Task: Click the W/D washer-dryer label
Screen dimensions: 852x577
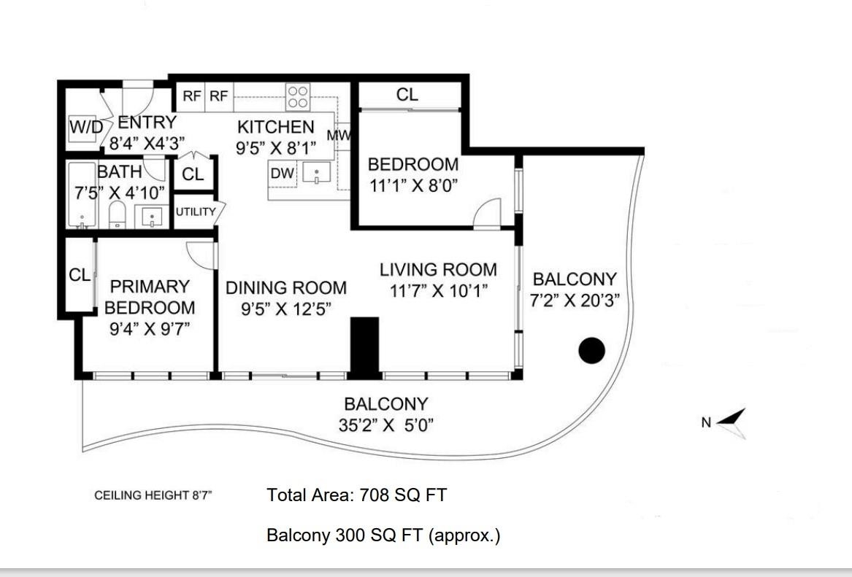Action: coord(86,128)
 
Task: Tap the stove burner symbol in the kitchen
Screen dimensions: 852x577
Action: coord(298,98)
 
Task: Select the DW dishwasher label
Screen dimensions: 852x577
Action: coord(283,173)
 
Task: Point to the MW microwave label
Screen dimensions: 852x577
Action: coord(339,135)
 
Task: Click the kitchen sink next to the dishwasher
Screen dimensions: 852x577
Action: coord(316,173)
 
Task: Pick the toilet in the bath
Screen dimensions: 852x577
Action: coord(118,215)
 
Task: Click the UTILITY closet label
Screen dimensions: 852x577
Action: coord(196,212)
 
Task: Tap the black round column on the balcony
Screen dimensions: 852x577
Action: coord(591,351)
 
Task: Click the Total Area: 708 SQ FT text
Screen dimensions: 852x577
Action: coord(356,495)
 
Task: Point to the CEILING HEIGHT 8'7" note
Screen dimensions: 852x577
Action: coord(153,495)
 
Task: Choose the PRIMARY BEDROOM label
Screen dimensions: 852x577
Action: coord(150,297)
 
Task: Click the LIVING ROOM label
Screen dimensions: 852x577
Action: coord(438,270)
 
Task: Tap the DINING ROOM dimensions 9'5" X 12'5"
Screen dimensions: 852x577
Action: coord(286,309)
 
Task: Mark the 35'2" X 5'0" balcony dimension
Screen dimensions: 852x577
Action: coord(385,425)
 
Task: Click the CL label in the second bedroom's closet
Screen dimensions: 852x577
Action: coord(407,95)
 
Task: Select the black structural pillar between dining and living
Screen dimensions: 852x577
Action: coord(364,348)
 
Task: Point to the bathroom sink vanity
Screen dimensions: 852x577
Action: coord(152,217)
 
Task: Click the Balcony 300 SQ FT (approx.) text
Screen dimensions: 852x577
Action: coord(383,535)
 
